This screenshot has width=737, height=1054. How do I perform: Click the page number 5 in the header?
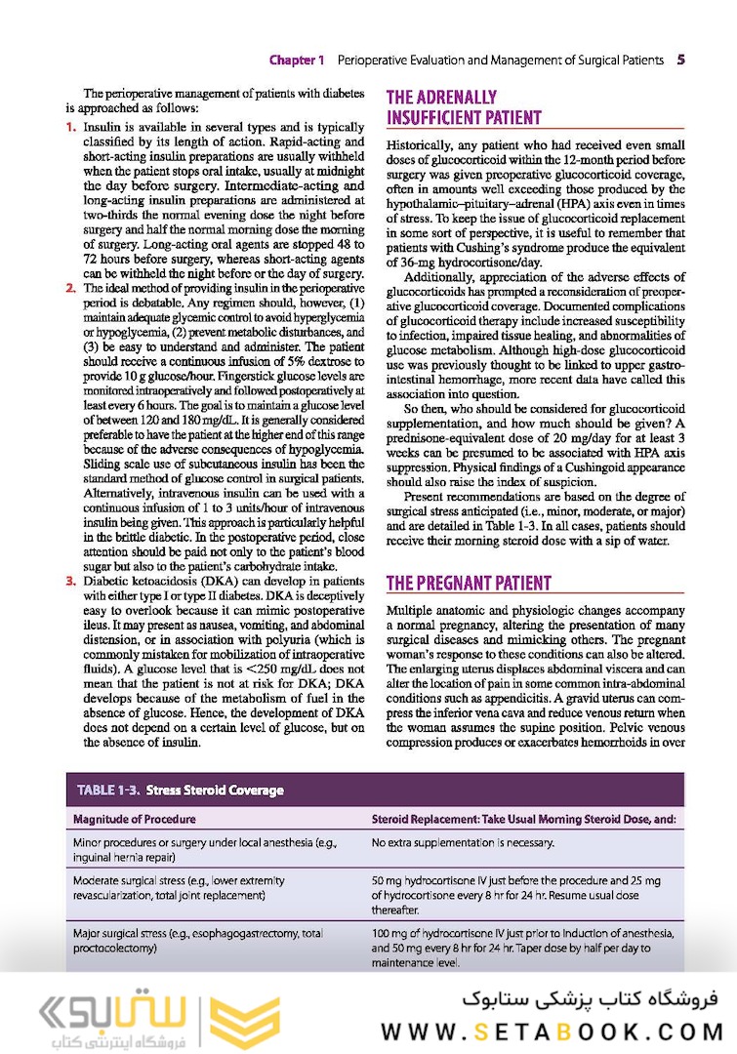coord(679,60)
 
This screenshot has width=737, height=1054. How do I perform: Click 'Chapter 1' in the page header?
coord(297,60)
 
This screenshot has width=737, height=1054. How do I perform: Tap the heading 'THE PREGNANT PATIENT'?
coord(469,584)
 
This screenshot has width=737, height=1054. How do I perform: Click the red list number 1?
coord(71,128)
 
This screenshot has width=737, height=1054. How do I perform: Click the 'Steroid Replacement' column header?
coord(523,819)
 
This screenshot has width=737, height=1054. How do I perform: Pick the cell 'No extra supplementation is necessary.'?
coord(463,842)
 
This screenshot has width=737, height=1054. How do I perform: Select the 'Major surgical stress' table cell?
coord(197,941)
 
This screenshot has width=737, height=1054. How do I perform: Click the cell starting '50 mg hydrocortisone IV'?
coord(517,894)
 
